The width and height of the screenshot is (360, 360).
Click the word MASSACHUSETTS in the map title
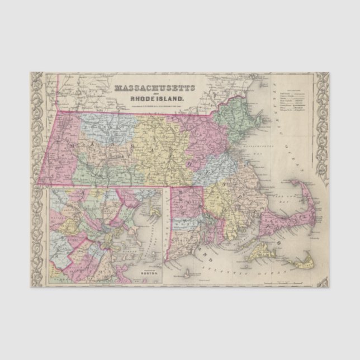pos(154,88)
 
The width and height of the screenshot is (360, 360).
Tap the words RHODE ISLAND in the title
pos(154,101)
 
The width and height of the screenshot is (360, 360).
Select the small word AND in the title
pos(154,94)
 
